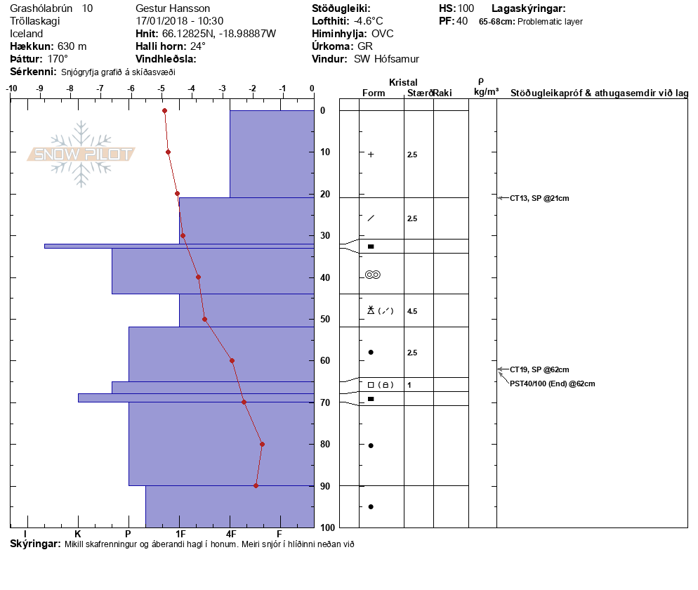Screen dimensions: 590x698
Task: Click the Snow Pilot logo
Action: tap(81, 154)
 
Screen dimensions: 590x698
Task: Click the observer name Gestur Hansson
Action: tap(173, 8)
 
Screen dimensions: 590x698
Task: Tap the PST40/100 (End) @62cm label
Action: tap(553, 383)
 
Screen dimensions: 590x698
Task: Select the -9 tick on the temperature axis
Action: tap(41, 88)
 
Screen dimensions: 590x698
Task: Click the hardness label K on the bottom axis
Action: tap(78, 534)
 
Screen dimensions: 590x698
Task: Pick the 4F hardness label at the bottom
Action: tap(230, 534)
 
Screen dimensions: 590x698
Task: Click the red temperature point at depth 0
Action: tap(164, 110)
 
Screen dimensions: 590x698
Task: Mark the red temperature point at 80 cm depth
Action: tap(262, 444)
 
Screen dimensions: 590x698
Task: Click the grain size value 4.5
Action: tap(412, 311)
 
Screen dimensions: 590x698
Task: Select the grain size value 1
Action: tap(409, 385)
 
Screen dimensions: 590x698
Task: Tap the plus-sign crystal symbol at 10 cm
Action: tap(371, 155)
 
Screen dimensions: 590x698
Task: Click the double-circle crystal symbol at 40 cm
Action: tap(373, 275)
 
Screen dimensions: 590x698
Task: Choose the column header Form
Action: tap(372, 93)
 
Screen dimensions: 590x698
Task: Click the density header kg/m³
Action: tap(486, 92)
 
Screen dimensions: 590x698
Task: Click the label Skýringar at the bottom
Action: tap(35, 544)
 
